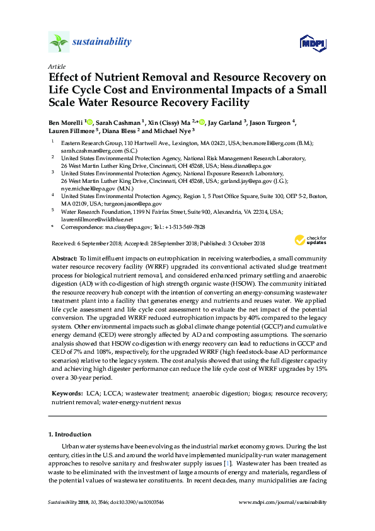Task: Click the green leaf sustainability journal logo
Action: tap(59, 42)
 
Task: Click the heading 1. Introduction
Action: tap(69, 435)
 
